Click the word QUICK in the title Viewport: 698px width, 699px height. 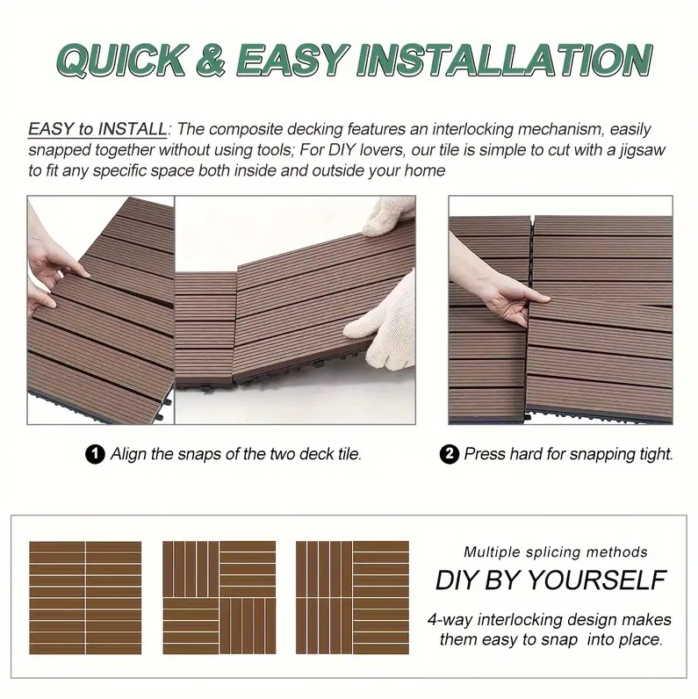click(121, 59)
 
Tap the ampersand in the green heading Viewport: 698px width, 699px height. click(217, 59)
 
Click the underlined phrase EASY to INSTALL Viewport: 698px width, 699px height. click(97, 129)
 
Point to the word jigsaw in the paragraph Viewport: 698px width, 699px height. click(643, 150)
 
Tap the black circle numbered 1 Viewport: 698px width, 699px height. click(95, 454)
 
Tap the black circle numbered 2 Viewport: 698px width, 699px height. click(449, 454)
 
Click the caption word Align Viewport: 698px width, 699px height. click(128, 454)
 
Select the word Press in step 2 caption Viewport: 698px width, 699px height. click(484, 454)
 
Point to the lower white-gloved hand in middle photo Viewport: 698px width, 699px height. click(382, 308)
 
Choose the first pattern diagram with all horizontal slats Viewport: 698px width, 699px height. click(85, 596)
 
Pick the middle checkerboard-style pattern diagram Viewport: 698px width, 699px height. click(219, 596)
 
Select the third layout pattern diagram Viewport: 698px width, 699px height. click(352, 596)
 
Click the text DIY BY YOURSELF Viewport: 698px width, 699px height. click(550, 580)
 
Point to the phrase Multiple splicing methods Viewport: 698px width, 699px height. click(555, 552)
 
